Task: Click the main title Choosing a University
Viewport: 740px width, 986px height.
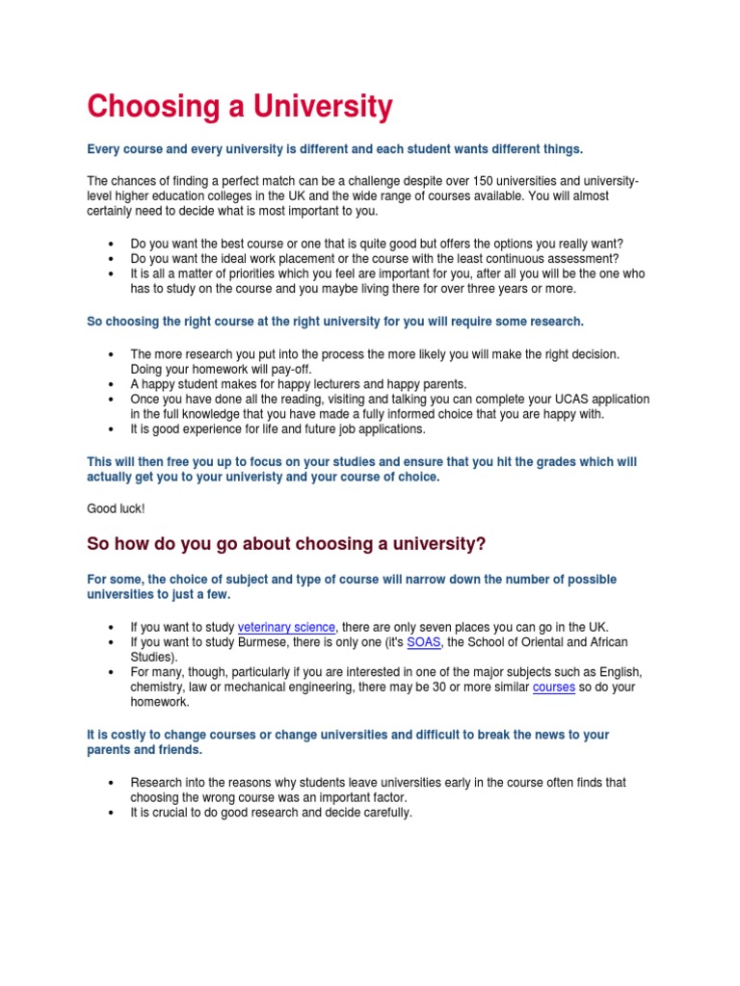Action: pos(240,107)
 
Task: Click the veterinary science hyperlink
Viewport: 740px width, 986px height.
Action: pos(286,627)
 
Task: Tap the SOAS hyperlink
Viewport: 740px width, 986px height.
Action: pos(423,642)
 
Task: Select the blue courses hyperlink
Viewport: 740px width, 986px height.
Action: pos(553,688)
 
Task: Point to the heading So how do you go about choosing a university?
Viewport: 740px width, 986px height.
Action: pos(286,545)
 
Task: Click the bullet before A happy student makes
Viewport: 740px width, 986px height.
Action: pos(113,384)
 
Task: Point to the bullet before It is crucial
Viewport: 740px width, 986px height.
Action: pos(113,813)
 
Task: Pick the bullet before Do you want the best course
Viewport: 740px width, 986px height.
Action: pos(113,244)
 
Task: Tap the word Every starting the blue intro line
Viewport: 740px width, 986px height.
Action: pos(104,149)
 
